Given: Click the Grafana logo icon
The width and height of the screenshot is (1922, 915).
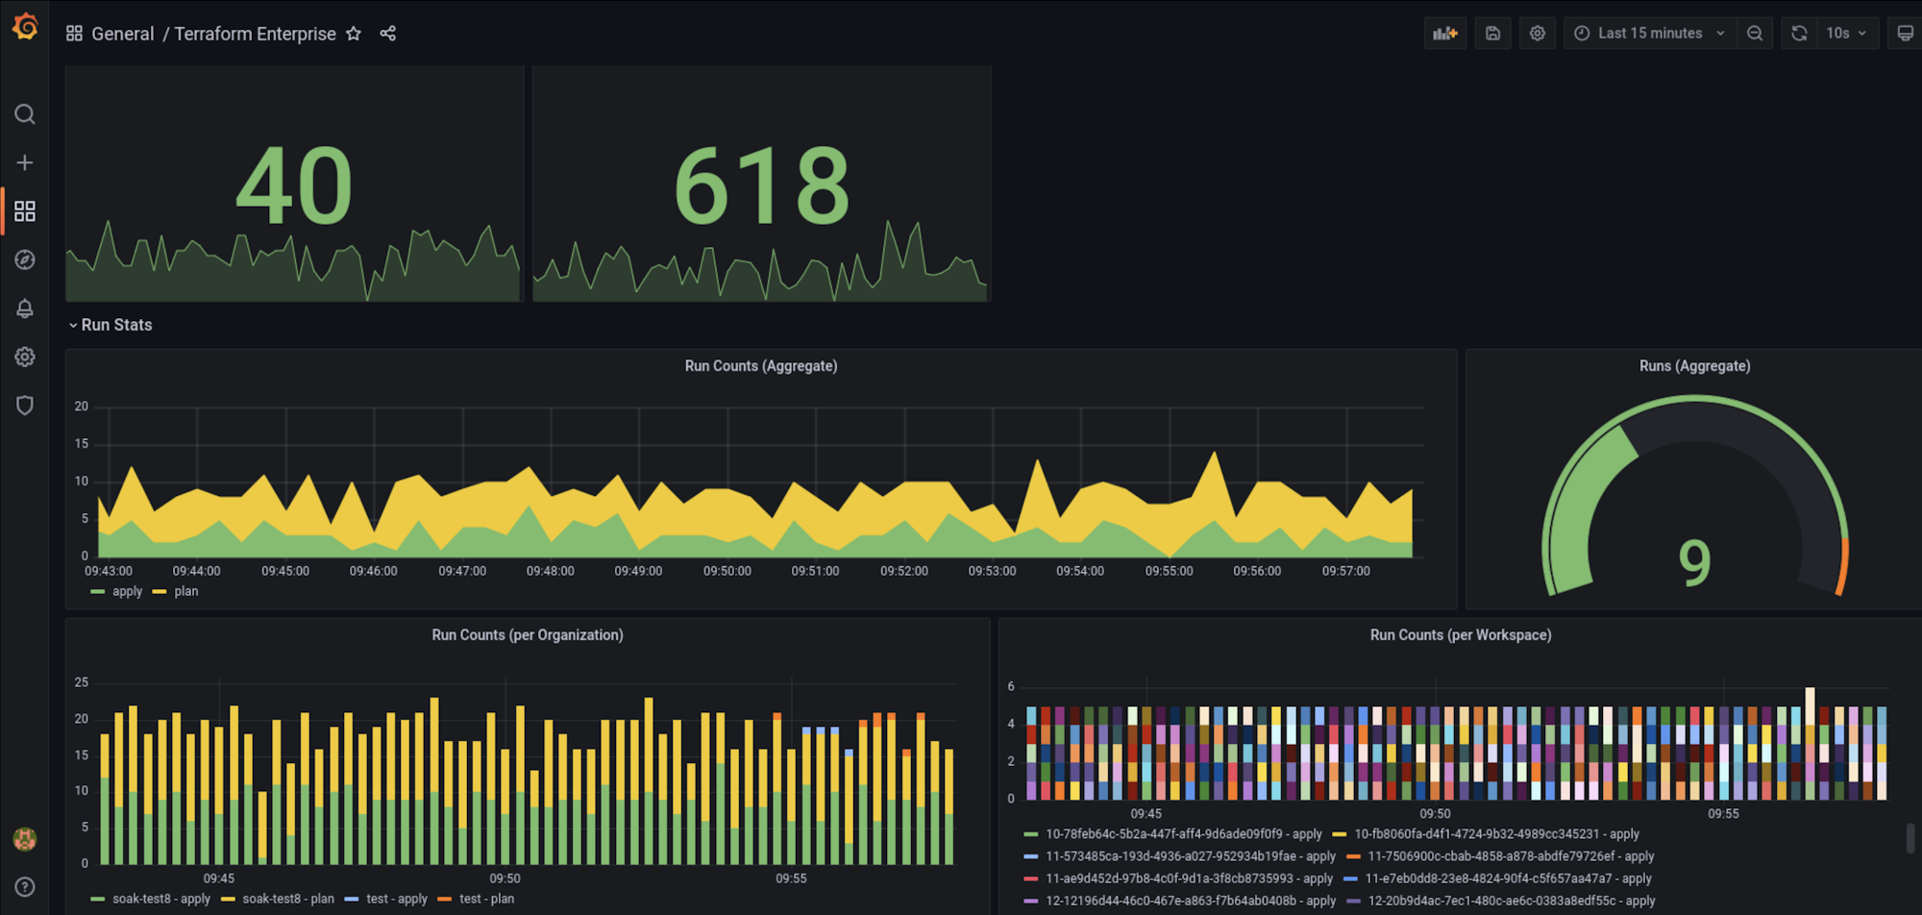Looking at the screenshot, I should coord(25,27).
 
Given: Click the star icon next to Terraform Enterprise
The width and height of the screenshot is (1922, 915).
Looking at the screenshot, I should coord(354,34).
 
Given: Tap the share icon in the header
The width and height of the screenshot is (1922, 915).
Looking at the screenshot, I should coord(388,34).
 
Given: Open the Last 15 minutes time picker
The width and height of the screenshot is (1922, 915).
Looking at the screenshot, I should coord(1649,34).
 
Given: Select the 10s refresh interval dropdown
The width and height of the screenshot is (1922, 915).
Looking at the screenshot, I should coord(1845,34).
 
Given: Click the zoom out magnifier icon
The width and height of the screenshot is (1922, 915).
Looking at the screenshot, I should coord(1755,34).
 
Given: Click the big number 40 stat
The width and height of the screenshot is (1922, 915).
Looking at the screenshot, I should coord(294,186).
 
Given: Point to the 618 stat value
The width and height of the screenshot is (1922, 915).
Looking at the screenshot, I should coord(761,186).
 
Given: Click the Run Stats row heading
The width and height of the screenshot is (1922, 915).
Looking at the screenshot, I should coord(116,325).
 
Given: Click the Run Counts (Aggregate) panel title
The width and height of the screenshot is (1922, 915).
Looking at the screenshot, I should coord(760,366).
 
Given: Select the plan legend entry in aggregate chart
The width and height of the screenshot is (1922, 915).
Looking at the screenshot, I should coord(185,591).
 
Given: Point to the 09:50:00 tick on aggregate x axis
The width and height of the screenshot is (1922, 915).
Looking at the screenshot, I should coord(727,571).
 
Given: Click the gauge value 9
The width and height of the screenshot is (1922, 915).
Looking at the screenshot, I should coord(1694,563).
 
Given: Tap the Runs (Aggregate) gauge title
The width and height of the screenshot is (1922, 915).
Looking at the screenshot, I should coord(1694,366).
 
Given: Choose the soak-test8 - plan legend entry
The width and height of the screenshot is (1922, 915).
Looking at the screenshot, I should coord(287,899).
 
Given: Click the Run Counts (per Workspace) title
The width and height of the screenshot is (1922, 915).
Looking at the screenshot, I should coord(1460,635).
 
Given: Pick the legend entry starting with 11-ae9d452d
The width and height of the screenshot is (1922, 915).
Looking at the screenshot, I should coord(1188,878).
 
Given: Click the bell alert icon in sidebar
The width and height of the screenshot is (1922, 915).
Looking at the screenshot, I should coord(25,309).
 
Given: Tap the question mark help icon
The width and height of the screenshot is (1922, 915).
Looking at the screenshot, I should coord(25,886).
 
